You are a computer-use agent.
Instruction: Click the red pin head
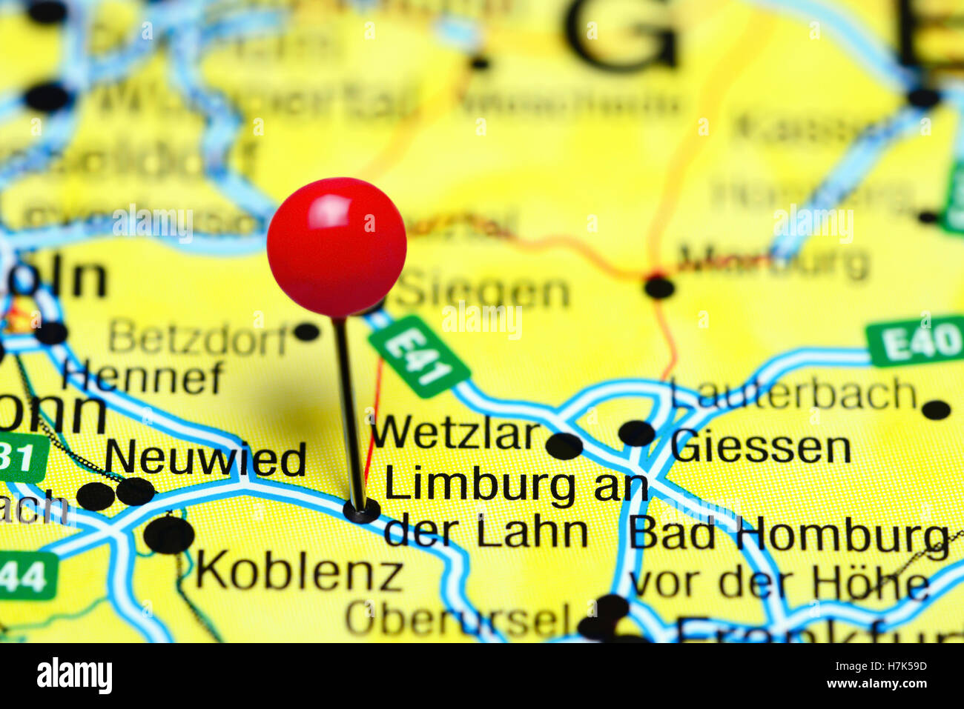tap(337, 247)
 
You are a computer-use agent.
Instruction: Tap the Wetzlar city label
tap(455, 434)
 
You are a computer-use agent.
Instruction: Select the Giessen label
tap(761, 448)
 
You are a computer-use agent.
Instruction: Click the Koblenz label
tap(299, 573)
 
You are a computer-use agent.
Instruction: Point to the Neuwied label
tap(205, 459)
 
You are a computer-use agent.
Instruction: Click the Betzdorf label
tap(198, 340)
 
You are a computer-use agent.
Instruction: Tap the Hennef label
tap(142, 378)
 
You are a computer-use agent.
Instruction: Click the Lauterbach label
tap(794, 394)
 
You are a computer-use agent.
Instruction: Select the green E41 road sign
tap(419, 356)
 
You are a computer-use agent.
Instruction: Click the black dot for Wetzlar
tap(564, 446)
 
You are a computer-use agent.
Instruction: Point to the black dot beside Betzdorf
tap(306, 331)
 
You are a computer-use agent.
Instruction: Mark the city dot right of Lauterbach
tap(937, 410)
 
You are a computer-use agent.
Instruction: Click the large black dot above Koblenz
tap(169, 535)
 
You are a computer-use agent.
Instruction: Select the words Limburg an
tap(516, 487)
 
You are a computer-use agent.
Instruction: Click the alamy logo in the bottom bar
tap(74, 676)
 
